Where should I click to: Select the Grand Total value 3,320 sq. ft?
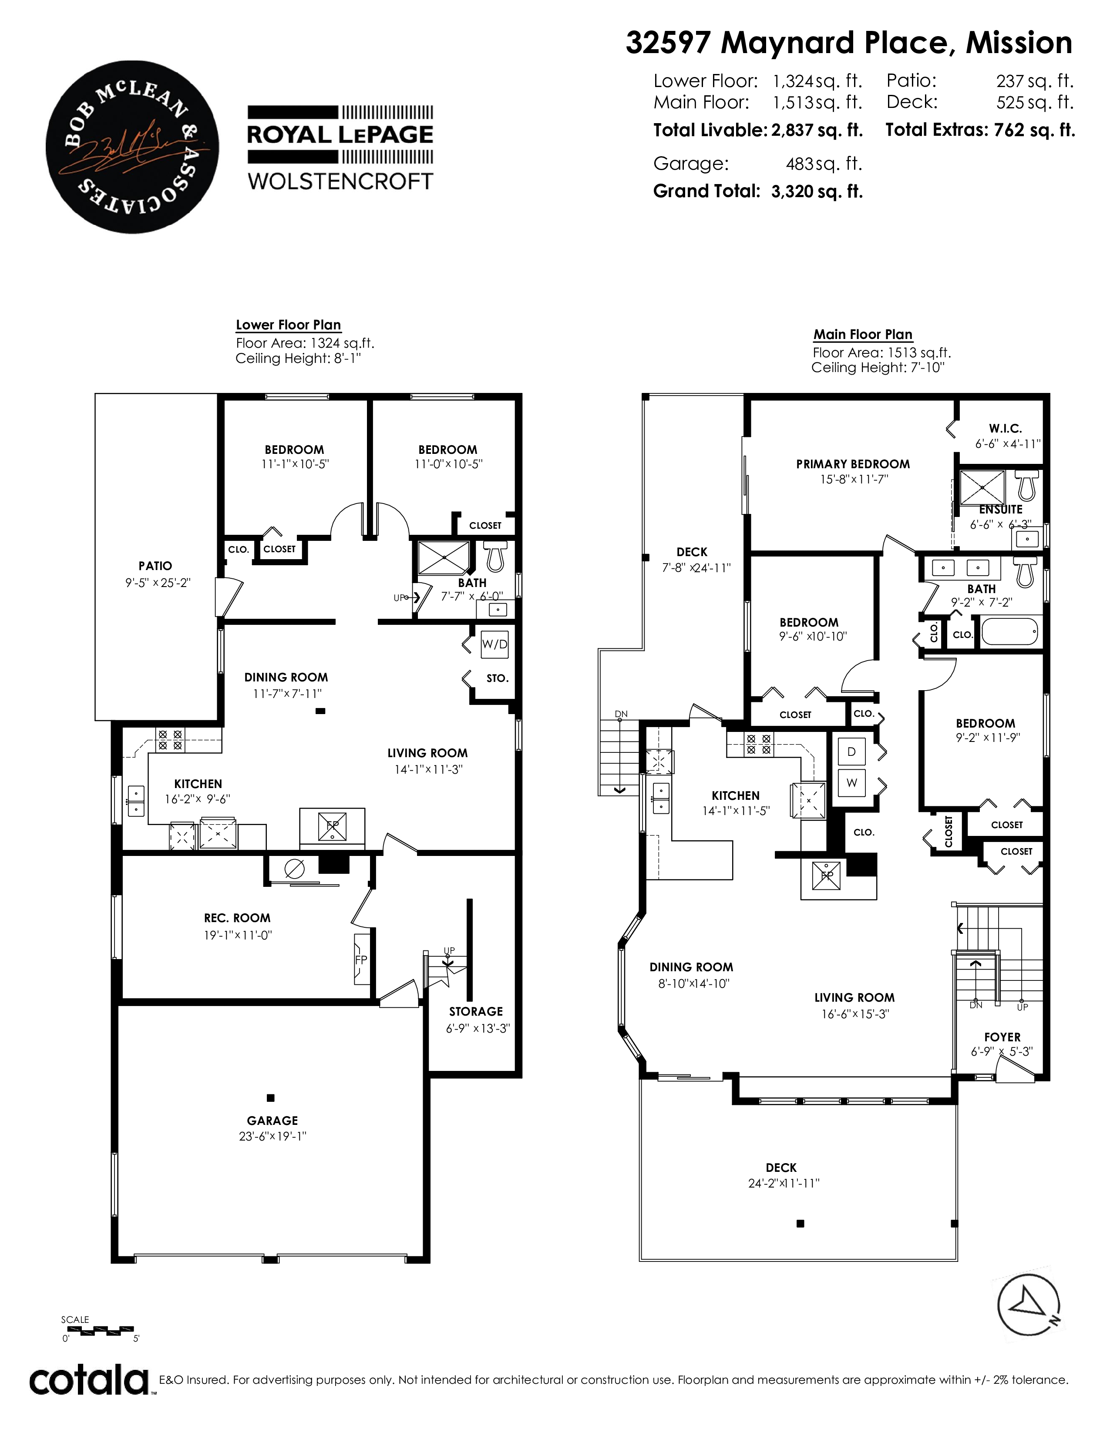pos(817,191)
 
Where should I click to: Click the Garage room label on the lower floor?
pos(272,1121)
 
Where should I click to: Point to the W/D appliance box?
pos(494,644)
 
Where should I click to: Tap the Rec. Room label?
pos(237,918)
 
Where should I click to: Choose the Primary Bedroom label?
pos(853,464)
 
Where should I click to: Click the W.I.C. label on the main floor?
pos(1006,429)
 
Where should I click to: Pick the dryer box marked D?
pos(851,752)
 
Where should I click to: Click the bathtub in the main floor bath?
pos(1009,633)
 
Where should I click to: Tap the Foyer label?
pos(1002,1037)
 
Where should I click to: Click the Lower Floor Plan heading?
pos(288,325)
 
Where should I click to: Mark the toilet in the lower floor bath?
pos(494,556)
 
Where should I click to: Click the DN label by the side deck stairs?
pos(621,714)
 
